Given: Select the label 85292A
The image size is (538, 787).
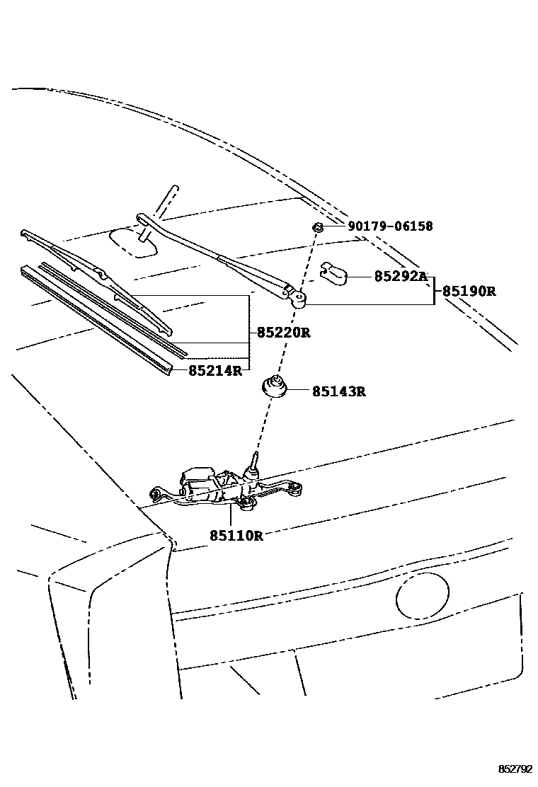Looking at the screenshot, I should click(x=401, y=277).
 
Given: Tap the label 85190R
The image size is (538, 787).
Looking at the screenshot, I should click(x=469, y=291).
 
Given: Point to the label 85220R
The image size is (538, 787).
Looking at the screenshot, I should click(x=283, y=332).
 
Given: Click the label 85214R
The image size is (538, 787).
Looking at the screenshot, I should click(x=215, y=370).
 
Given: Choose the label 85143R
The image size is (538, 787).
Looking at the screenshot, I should click(x=338, y=391).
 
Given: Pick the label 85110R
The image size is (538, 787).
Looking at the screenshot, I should click(x=236, y=536).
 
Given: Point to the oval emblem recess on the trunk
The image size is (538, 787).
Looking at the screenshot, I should click(x=423, y=596).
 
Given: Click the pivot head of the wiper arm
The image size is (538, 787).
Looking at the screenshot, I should click(x=298, y=300).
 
